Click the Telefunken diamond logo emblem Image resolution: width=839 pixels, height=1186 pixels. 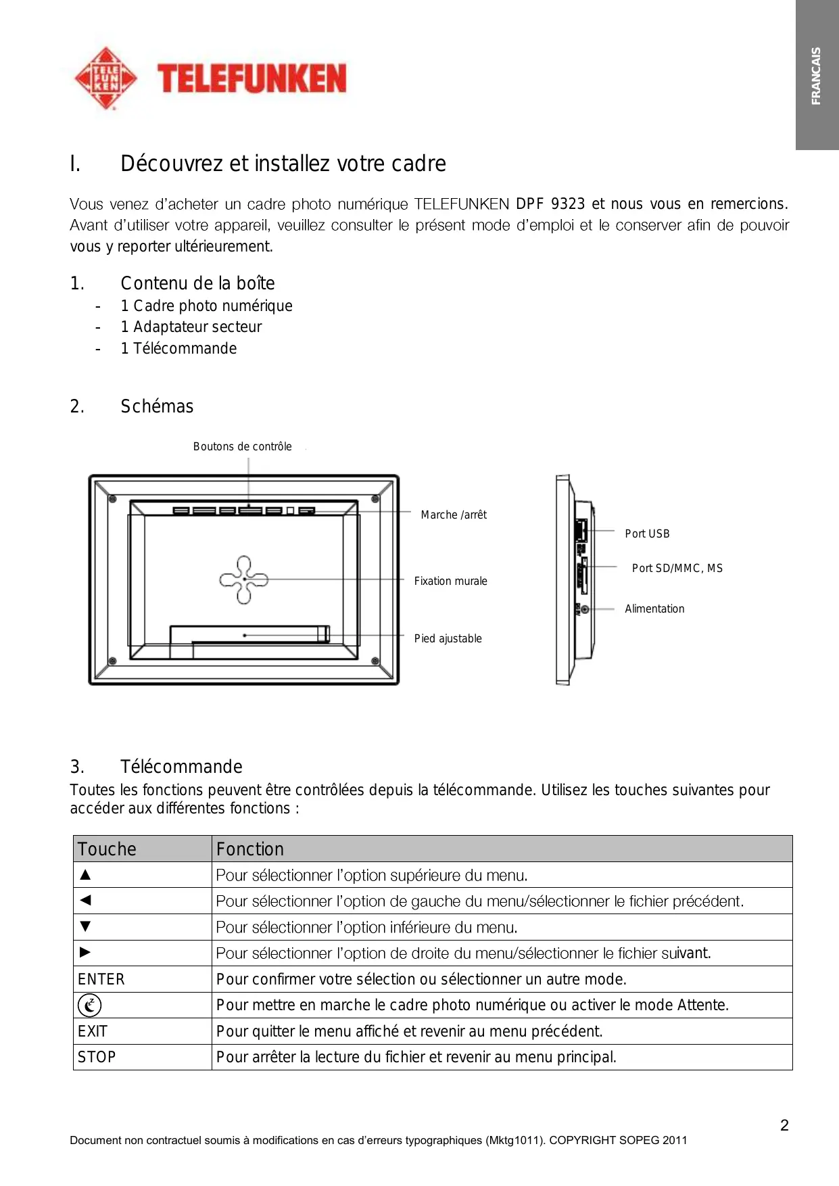pyautogui.click(x=105, y=78)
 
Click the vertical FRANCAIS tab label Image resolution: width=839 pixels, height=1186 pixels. pyautogui.click(x=816, y=76)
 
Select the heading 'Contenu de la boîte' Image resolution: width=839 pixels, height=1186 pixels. pyautogui.click(x=197, y=283)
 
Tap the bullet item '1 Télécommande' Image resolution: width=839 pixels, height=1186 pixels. pyautogui.click(x=178, y=348)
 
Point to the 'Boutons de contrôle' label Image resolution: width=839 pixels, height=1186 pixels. pyautogui.click(x=242, y=446)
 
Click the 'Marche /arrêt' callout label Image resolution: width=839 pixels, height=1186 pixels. pyautogui.click(x=454, y=515)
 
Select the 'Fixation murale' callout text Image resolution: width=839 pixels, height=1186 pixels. pyautogui.click(x=450, y=581)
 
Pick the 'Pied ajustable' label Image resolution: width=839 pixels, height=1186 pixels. pyautogui.click(x=448, y=638)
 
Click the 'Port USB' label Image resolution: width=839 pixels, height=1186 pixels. pyautogui.click(x=647, y=533)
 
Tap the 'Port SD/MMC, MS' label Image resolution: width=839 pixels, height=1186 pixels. pyautogui.click(x=677, y=568)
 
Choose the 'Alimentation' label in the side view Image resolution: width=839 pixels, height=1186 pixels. pyautogui.click(x=654, y=609)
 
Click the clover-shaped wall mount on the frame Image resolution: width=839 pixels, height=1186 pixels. pyautogui.click(x=243, y=579)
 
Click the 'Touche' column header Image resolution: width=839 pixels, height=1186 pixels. pyautogui.click(x=107, y=849)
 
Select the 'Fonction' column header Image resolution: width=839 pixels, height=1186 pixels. pyautogui.click(x=250, y=849)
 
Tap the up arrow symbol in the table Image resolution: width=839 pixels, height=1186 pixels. pyautogui.click(x=85, y=874)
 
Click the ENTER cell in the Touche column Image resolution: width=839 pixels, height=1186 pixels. pyautogui.click(x=101, y=979)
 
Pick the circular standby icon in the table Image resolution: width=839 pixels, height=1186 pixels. pyautogui.click(x=89, y=1005)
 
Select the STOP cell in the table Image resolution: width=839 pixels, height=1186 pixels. pyautogui.click(x=97, y=1057)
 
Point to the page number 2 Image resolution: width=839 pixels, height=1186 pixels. pyautogui.click(x=784, y=1125)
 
